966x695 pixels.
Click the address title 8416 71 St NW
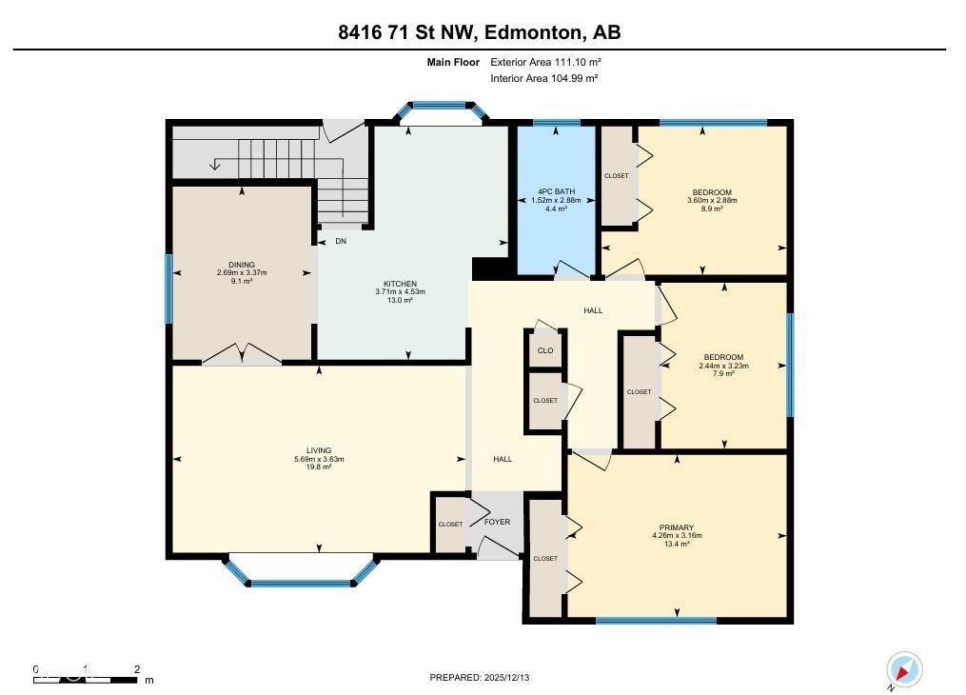click(x=480, y=31)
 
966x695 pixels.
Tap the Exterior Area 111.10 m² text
click(x=545, y=62)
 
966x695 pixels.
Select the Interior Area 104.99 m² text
click(x=543, y=78)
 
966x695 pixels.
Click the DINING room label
click(x=241, y=266)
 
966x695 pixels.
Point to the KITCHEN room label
click(x=400, y=285)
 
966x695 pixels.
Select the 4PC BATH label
click(x=555, y=192)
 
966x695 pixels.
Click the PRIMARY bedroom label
click(x=677, y=527)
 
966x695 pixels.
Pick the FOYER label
click(x=497, y=522)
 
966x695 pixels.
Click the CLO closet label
click(x=545, y=350)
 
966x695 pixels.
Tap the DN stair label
click(x=340, y=241)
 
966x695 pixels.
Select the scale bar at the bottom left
click(x=86, y=679)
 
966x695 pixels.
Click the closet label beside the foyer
click(x=449, y=525)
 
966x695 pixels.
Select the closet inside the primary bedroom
click(x=545, y=558)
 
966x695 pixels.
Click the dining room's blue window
click(x=169, y=288)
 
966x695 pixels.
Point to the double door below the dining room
click(x=242, y=355)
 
